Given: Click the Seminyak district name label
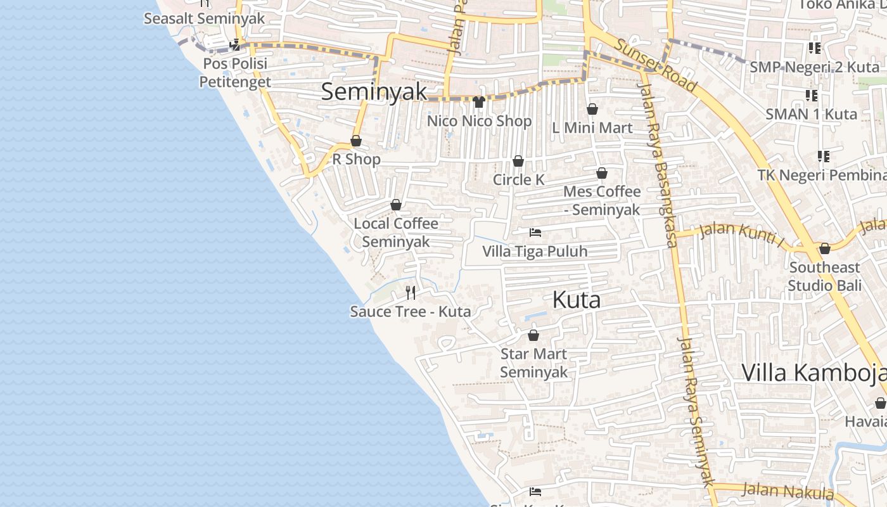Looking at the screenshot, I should point(374,91).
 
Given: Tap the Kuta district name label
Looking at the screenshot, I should point(576,300).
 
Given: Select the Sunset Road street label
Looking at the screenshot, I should point(656,65).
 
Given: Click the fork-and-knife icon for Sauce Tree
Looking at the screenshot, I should point(411,292).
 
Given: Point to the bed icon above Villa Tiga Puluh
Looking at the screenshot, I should point(535,233).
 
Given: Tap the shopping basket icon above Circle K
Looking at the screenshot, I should point(518,162).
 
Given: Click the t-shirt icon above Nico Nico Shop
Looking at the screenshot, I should point(479,102).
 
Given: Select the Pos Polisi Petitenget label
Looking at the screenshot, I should point(235,73).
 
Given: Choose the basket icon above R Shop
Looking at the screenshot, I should point(356,141).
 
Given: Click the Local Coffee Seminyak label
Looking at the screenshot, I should point(396,233).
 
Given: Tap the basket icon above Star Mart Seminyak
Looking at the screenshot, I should point(533,335).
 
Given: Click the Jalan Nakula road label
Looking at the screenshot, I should point(788,491).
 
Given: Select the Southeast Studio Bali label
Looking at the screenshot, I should point(824,276).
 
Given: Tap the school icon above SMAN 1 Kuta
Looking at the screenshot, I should point(811,96).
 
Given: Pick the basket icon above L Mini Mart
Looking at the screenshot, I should point(592,110).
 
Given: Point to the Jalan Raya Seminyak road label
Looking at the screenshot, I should point(696,412).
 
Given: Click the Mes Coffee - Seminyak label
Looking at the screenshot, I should point(602,200).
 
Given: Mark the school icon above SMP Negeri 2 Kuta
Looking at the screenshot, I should point(814,48).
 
